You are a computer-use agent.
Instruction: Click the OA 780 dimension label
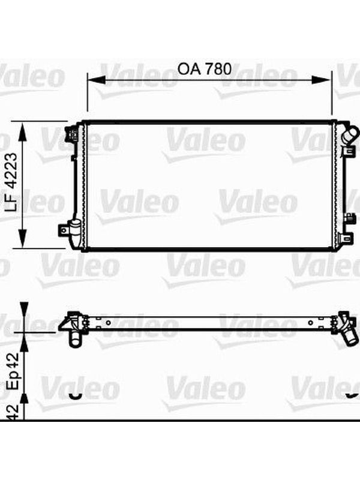click(x=205, y=69)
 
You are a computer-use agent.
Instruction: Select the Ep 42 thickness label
click(x=13, y=371)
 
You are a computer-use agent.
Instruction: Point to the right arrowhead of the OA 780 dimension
click(x=322, y=80)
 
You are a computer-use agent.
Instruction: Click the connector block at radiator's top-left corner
click(x=72, y=134)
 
